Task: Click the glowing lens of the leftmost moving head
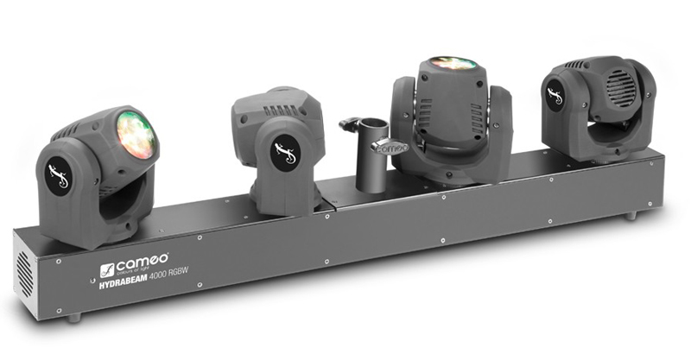tap(136, 136)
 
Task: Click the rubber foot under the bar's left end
tap(74, 317)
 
